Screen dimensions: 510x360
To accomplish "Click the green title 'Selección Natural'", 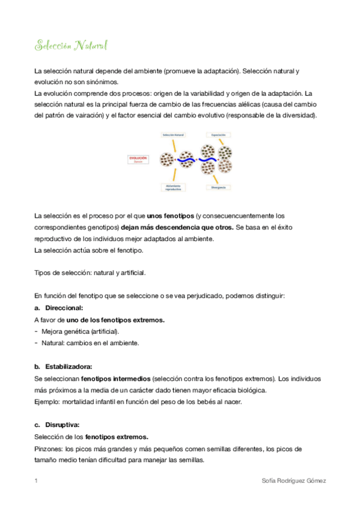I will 71,46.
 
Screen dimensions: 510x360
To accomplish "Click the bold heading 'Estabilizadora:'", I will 69,366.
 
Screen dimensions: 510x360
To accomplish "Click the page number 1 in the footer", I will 36,481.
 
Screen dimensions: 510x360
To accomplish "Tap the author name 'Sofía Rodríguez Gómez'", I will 294,481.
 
